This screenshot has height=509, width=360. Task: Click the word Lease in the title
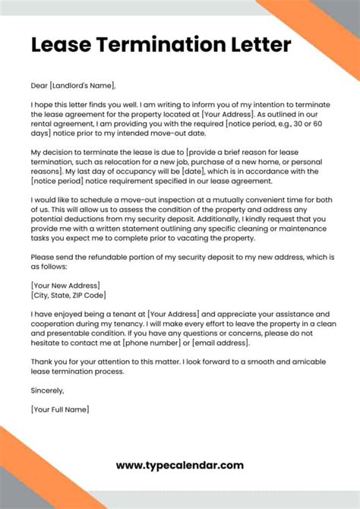click(58, 45)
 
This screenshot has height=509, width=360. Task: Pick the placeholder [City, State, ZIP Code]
click(68, 295)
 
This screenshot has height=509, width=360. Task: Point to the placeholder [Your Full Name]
click(60, 409)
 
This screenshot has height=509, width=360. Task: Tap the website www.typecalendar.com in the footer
click(179, 465)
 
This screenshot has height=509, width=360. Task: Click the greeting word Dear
click(41, 85)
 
